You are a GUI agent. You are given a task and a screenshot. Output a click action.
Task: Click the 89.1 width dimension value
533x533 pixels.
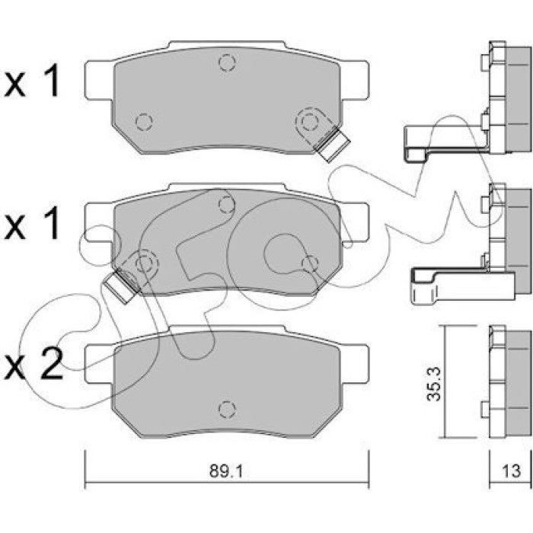point(226,471)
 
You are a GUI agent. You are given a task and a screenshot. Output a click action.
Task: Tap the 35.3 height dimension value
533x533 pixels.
point(434,384)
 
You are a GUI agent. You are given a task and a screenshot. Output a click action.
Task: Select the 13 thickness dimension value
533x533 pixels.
point(511,471)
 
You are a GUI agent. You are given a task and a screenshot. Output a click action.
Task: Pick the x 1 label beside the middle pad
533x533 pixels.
point(32,223)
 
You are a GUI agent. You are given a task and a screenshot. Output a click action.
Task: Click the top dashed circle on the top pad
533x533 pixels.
point(227,62)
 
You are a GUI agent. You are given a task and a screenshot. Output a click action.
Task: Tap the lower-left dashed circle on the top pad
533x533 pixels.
point(144,121)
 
